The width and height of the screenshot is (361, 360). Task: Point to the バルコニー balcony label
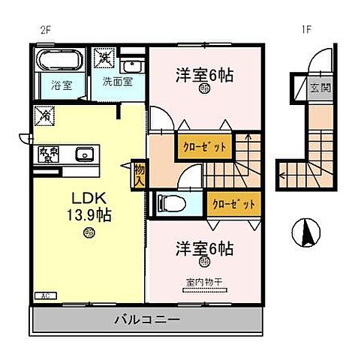click(x=147, y=319)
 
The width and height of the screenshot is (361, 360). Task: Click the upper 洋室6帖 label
click(x=205, y=75)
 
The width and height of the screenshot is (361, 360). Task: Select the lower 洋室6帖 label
click(x=205, y=247)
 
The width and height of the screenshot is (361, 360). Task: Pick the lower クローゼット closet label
click(x=233, y=203)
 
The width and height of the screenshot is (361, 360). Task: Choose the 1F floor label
click(x=305, y=31)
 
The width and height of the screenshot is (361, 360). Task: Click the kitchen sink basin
click(x=83, y=155)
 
